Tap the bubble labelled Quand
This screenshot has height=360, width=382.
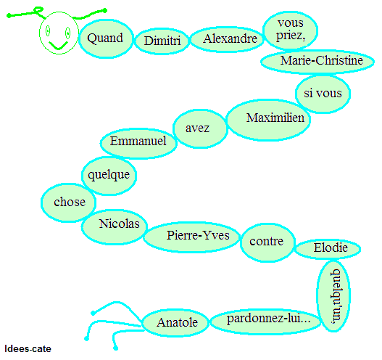click(x=106, y=38)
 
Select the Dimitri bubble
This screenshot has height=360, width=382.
click(x=162, y=41)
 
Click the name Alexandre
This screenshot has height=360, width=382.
click(x=231, y=38)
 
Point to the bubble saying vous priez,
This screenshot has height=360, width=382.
click(x=290, y=30)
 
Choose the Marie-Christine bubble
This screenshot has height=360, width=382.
click(x=317, y=61)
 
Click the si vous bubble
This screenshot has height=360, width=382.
click(x=323, y=94)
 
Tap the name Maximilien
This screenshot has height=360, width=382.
click(x=275, y=118)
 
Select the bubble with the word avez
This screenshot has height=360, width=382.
click(x=200, y=128)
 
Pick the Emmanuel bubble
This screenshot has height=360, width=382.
click(x=138, y=144)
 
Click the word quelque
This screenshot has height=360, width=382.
click(x=109, y=175)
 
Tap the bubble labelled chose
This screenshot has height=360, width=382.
click(x=68, y=202)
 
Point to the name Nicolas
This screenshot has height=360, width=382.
click(x=119, y=224)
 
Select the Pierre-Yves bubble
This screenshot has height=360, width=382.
click(x=192, y=237)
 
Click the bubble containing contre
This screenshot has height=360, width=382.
click(x=267, y=242)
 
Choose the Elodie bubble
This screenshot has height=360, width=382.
click(x=328, y=249)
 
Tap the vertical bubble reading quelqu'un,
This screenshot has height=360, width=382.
click(x=333, y=296)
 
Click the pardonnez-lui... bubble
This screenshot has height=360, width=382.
click(x=265, y=322)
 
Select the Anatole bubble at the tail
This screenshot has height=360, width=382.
click(x=175, y=323)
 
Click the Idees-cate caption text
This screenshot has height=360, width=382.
click(x=28, y=349)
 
